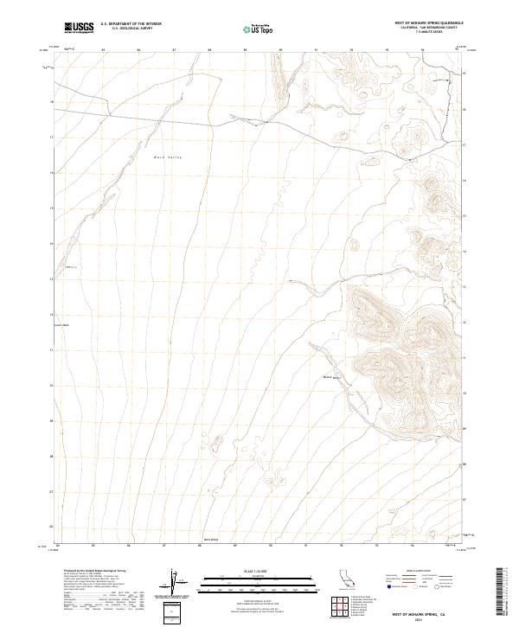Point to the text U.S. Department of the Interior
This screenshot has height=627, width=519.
131,24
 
